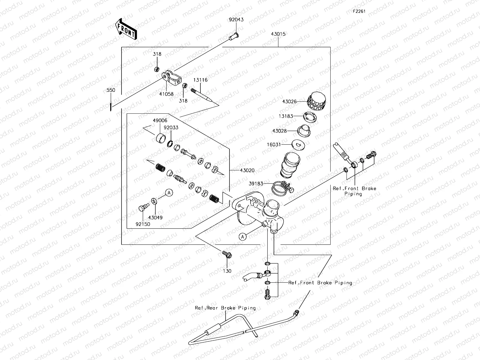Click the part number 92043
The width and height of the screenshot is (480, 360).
236,19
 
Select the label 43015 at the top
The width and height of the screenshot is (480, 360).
278,34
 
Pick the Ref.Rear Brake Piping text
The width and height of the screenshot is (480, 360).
225,308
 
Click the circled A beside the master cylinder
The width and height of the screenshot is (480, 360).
243,237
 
